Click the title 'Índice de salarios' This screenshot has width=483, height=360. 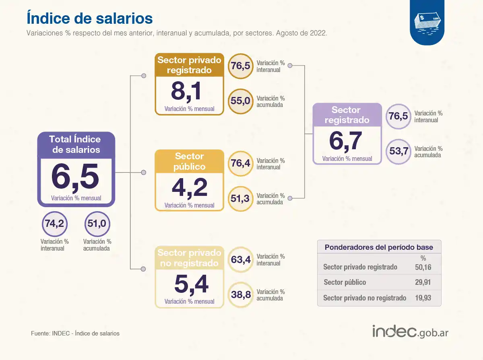click(89, 19)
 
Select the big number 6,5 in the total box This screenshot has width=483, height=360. click(75, 177)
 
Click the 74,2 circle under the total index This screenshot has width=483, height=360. click(54, 224)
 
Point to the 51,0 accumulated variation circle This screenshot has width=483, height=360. click(97, 224)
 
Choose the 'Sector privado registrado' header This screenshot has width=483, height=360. click(189, 65)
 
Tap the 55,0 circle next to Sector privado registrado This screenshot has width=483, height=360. click(240, 101)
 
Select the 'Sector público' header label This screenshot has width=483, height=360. click(189, 161)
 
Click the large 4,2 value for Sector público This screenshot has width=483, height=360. click(189, 188)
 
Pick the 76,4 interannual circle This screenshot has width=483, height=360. click(240, 163)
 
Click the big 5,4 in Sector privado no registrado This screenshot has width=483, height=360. click(191, 284)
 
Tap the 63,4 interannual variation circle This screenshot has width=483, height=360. click(241, 259)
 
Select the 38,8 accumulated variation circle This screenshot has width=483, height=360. click(241, 295)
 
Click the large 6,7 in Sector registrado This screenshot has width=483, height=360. click(346, 141)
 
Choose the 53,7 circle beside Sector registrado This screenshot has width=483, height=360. click(398, 151)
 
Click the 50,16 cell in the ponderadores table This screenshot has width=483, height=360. click(423, 267)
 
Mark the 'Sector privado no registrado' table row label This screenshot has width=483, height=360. click(365, 298)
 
